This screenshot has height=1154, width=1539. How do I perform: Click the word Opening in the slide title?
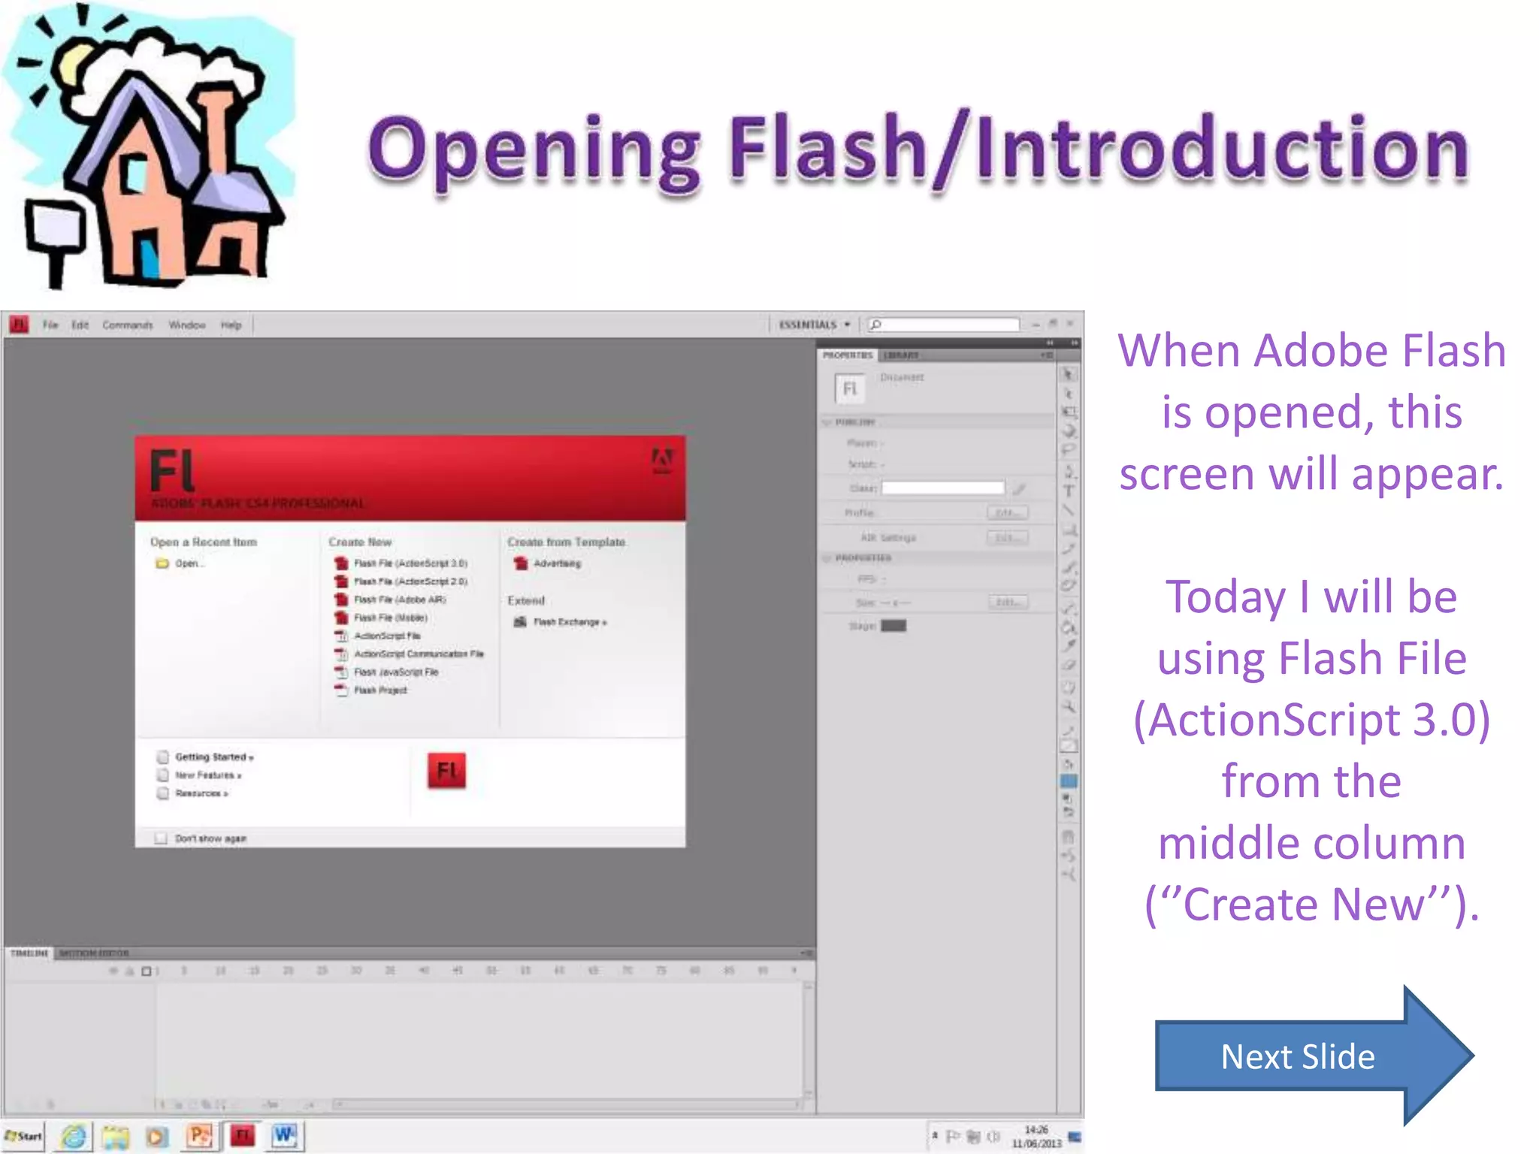click(534, 150)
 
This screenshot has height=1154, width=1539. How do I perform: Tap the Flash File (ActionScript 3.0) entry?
click(410, 563)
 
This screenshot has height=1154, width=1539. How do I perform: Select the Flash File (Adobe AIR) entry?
click(399, 600)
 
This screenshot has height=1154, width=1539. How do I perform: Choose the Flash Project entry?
click(379, 690)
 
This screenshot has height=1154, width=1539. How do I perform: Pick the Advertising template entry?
click(556, 563)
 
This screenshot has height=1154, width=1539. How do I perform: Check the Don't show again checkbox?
click(161, 838)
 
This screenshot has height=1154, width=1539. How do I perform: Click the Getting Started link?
click(213, 757)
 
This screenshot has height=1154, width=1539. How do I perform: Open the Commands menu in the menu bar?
click(127, 325)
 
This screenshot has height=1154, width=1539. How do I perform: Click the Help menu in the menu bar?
click(231, 325)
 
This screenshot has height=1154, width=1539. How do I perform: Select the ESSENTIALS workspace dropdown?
click(814, 325)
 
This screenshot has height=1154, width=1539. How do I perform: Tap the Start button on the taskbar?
click(24, 1136)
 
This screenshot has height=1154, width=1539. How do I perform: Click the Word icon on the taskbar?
click(285, 1136)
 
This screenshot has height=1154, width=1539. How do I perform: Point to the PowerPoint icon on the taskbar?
click(200, 1136)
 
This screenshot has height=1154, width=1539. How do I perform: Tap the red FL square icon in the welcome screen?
click(446, 771)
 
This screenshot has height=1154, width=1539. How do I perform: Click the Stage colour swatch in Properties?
click(893, 626)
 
